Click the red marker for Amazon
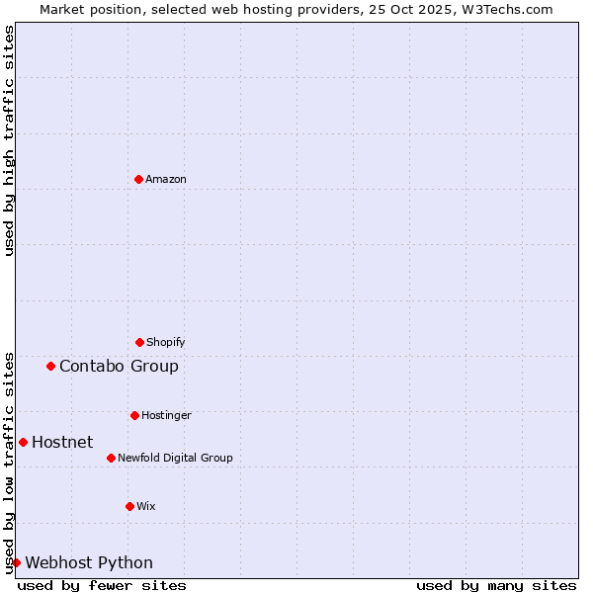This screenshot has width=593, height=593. point(138,179)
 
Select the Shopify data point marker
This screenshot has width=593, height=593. point(139,342)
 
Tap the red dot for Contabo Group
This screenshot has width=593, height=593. point(50,366)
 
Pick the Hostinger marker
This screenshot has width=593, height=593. point(134,415)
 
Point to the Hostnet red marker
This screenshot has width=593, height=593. point(23,442)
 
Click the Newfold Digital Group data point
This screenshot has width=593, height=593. point(111,458)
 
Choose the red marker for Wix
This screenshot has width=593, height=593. point(129,506)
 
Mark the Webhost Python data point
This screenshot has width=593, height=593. point(16,562)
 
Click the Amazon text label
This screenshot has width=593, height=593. point(166,179)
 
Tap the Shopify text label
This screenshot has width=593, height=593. point(166,342)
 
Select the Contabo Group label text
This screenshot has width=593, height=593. point(119,366)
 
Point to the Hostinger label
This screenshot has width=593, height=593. point(166,415)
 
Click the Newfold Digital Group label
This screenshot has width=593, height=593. point(175,458)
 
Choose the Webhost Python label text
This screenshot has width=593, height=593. point(89,562)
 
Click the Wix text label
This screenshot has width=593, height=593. point(146,506)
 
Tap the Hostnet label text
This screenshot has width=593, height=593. point(62,442)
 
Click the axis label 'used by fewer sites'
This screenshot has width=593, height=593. point(102,585)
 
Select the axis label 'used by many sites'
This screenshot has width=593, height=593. point(496,585)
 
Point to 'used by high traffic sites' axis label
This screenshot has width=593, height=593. point(9,140)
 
